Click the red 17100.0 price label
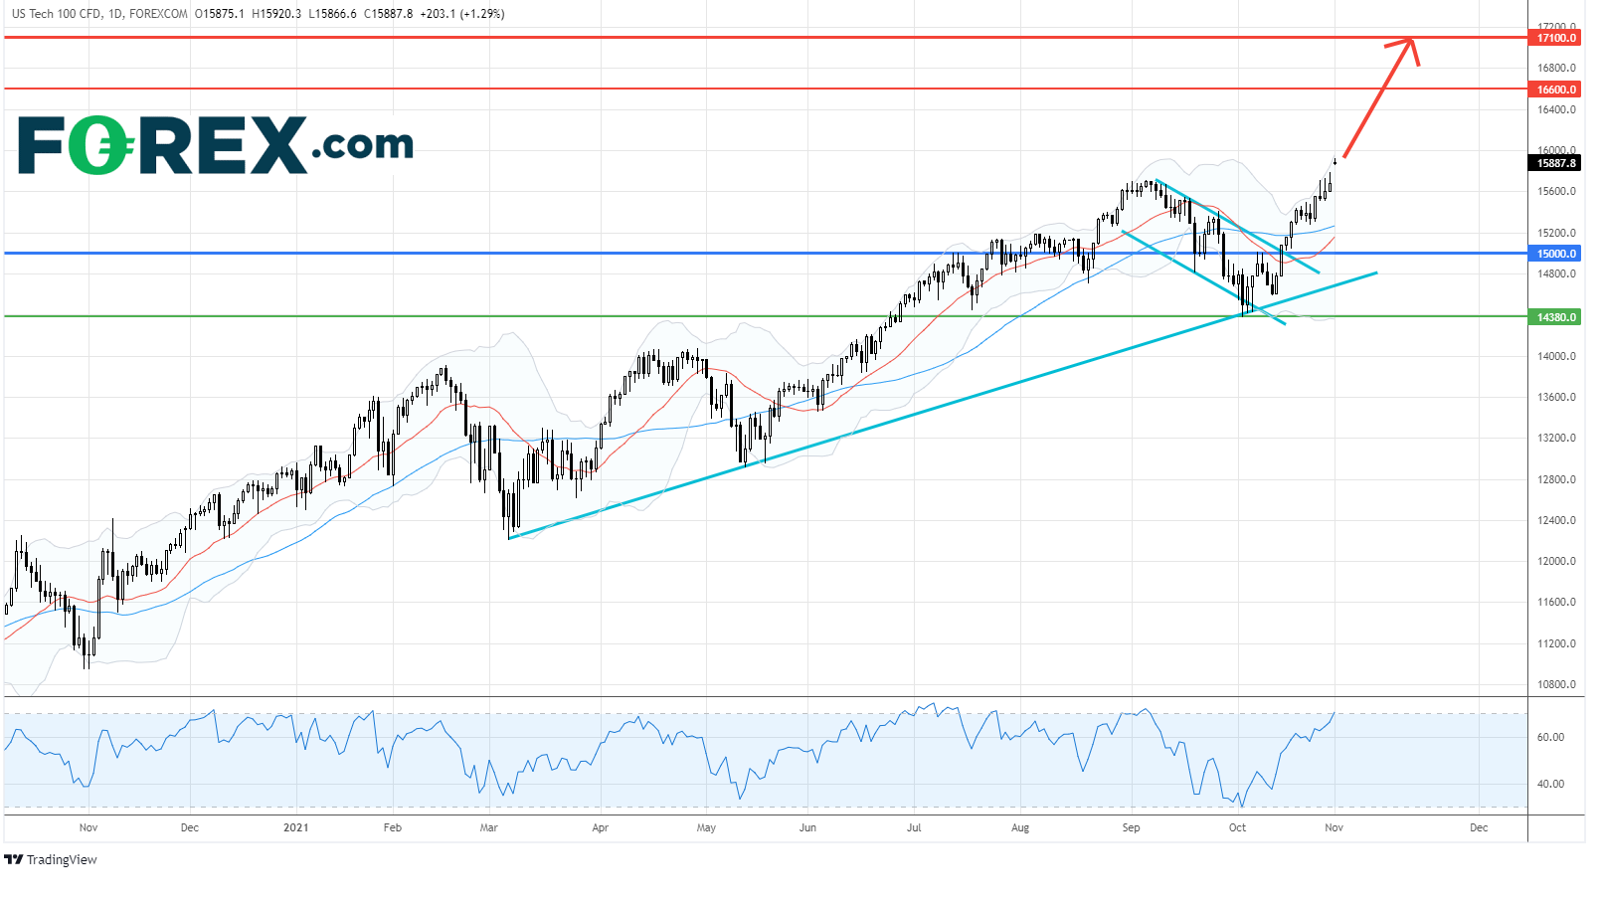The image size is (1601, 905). pyautogui.click(x=1556, y=38)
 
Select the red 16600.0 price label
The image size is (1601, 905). pyautogui.click(x=1556, y=90)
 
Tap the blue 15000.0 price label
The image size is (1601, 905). pyautogui.click(x=1556, y=254)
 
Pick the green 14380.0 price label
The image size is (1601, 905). pyautogui.click(x=1556, y=317)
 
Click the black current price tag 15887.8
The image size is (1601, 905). pyautogui.click(x=1556, y=163)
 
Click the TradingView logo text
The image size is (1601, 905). pyautogui.click(x=62, y=860)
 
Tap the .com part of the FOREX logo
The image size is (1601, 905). pyautogui.click(x=362, y=145)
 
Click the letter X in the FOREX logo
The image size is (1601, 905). pyautogui.click(x=270, y=145)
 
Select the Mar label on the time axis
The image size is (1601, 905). pyautogui.click(x=488, y=827)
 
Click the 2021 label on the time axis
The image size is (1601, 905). pyautogui.click(x=295, y=827)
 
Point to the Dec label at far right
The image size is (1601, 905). pyautogui.click(x=1479, y=827)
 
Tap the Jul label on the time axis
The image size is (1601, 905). pyautogui.click(x=914, y=827)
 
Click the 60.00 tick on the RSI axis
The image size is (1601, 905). pyautogui.click(x=1550, y=737)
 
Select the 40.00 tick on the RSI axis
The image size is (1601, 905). pyautogui.click(x=1550, y=784)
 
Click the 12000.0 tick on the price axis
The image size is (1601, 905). pyautogui.click(x=1556, y=561)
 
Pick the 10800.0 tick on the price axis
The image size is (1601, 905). pyautogui.click(x=1556, y=684)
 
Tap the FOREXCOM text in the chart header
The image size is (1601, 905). pyautogui.click(x=158, y=14)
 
